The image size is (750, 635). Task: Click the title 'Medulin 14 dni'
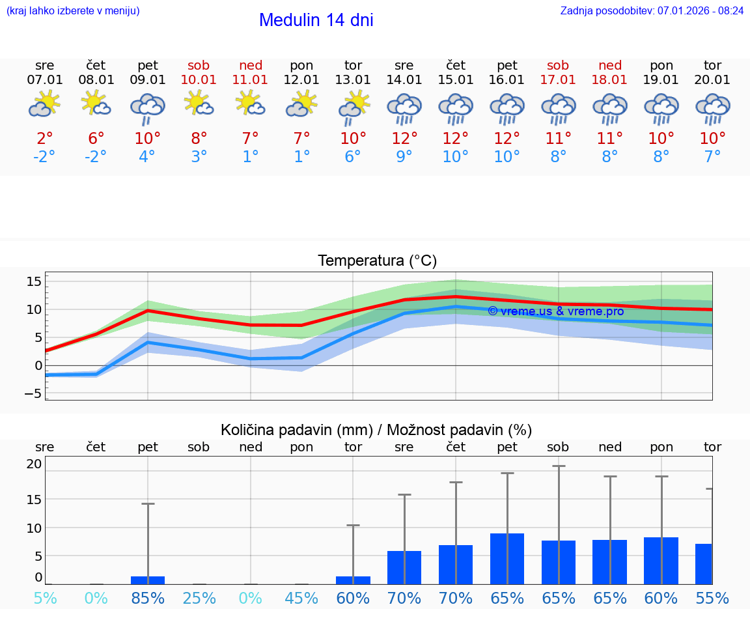coord(316,20)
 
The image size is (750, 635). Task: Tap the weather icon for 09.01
coord(148,108)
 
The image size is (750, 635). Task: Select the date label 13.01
coord(353,80)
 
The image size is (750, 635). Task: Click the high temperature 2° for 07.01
coord(45,139)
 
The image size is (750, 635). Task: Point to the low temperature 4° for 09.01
coord(148,157)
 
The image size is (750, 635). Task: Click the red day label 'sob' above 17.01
coord(558,65)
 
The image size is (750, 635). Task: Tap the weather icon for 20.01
coord(712,108)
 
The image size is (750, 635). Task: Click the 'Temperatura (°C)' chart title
coord(377,261)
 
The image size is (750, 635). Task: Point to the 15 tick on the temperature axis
coord(34,281)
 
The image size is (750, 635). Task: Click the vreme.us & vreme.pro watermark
coord(555,311)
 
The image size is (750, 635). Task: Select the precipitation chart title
coord(376,430)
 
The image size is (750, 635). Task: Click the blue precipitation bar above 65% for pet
coord(507,559)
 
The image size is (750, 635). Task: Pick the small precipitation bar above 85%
coord(148,580)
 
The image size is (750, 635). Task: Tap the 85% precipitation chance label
coord(148,598)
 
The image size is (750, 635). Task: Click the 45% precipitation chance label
coord(301,598)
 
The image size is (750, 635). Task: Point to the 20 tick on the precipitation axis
coord(34,464)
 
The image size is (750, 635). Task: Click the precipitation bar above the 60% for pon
coord(661,561)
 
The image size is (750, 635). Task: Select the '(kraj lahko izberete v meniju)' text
coord(73,10)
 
